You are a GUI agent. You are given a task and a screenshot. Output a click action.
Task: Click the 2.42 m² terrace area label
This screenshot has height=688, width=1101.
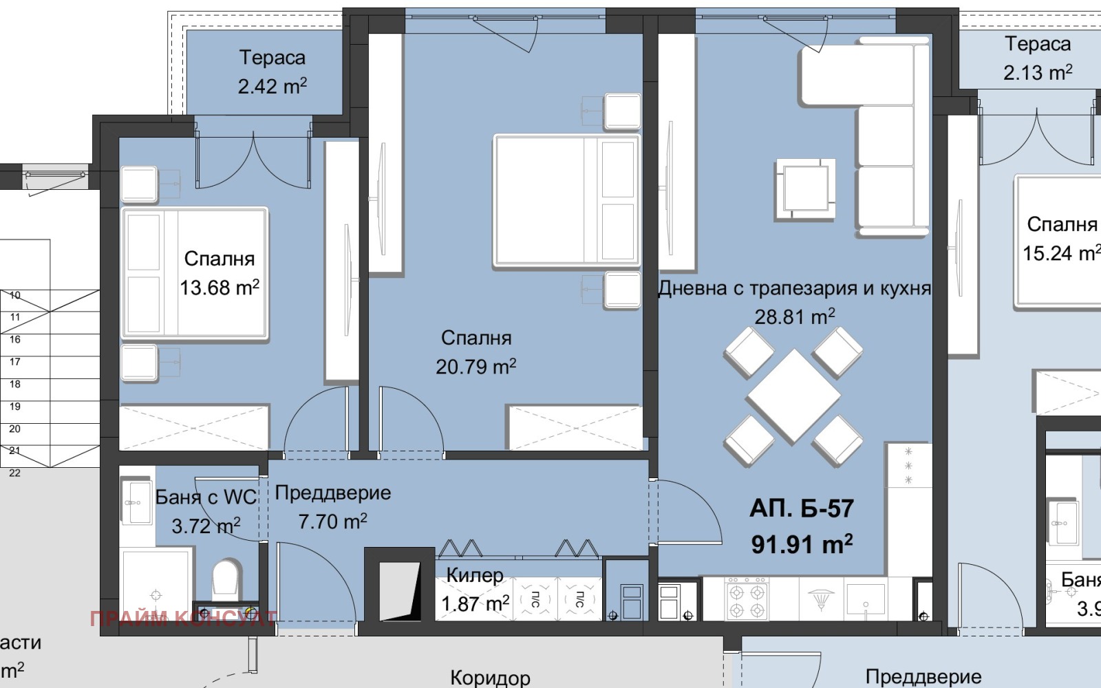coord(272,87)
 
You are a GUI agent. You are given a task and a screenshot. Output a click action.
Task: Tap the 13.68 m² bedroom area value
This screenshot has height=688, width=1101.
coord(219,288)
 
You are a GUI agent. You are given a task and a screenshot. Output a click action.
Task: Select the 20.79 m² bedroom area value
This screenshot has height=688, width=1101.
coord(475,367)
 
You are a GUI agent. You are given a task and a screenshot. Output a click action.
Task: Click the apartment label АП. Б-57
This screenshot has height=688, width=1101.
coord(802,508)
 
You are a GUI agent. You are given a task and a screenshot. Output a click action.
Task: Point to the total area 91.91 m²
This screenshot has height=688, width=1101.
coord(802,544)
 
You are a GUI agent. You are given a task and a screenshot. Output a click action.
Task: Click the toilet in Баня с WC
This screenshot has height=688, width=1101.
coord(226,578)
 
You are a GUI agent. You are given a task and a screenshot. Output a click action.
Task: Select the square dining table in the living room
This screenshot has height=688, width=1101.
coord(793,396)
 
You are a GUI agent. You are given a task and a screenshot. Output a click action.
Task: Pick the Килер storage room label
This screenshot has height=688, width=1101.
coord(475,574)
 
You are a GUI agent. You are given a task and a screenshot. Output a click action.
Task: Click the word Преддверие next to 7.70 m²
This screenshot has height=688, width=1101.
coord(333,493)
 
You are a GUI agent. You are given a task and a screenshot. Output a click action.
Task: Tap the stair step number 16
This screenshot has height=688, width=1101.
coord(15,339)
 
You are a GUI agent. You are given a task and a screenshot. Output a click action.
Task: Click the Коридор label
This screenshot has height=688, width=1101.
coord(490,678)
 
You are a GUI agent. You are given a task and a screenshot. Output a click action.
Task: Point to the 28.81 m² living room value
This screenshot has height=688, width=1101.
coord(795,317)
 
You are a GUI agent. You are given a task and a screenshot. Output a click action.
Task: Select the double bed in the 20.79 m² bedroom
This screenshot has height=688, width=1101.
coord(566,200)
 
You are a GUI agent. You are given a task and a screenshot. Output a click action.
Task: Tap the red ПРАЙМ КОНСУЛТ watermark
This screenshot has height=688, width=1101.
coord(182,619)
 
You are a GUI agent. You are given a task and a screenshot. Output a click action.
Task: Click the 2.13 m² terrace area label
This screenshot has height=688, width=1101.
coord(1037,72)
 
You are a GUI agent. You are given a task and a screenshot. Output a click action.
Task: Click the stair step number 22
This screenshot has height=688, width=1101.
coord(15,473)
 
